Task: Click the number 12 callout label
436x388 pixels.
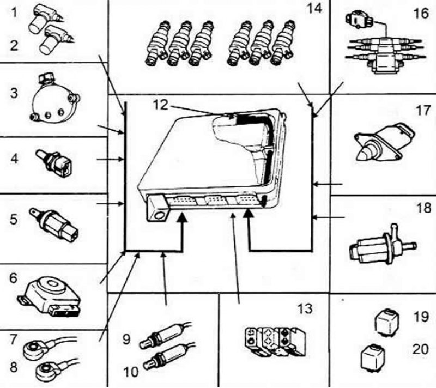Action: (160, 105)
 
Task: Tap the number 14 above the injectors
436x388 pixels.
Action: (314, 8)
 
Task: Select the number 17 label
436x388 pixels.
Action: (423, 110)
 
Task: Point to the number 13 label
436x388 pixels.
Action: (305, 308)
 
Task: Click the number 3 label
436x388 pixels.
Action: (14, 93)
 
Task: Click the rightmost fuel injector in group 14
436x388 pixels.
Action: (283, 43)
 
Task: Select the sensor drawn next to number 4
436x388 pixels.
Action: (55, 162)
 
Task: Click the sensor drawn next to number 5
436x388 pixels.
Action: (54, 225)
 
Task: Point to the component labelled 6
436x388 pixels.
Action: (50, 297)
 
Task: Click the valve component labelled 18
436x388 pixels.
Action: (383, 246)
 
